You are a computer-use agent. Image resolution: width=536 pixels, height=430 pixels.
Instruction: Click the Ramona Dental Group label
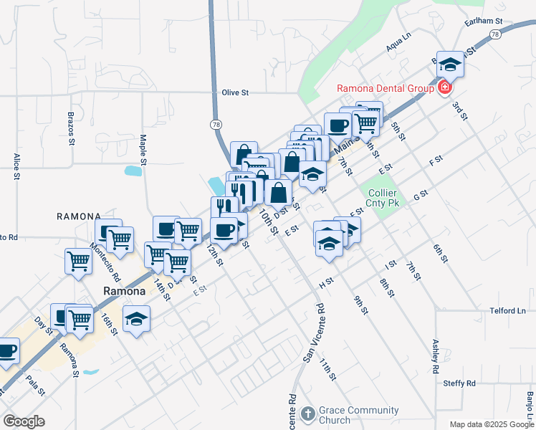386,88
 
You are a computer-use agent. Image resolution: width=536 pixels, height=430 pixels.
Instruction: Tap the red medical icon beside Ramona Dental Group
445,88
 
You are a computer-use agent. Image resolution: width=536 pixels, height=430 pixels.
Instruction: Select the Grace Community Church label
350,415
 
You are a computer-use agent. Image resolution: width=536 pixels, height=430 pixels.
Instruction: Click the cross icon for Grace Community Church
307,414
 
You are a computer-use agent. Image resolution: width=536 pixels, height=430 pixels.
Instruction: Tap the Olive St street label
235,92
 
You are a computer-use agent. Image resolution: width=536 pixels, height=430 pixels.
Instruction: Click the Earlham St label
484,22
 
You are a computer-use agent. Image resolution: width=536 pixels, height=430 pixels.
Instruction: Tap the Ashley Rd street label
434,356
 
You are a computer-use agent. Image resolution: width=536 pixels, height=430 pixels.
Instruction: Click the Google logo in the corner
24,421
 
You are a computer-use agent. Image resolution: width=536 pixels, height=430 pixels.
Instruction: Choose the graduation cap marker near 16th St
136,319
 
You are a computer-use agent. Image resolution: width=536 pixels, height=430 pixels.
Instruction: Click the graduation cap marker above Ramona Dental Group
450,64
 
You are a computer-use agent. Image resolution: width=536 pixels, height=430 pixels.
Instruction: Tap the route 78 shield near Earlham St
495,34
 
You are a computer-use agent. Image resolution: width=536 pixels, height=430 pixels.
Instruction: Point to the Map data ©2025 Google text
492,424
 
